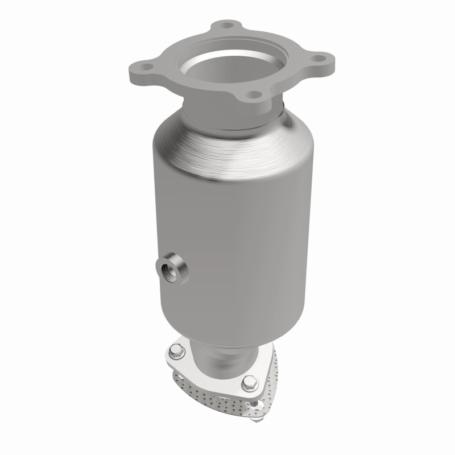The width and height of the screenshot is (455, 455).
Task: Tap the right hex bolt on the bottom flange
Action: click(x=249, y=384)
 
